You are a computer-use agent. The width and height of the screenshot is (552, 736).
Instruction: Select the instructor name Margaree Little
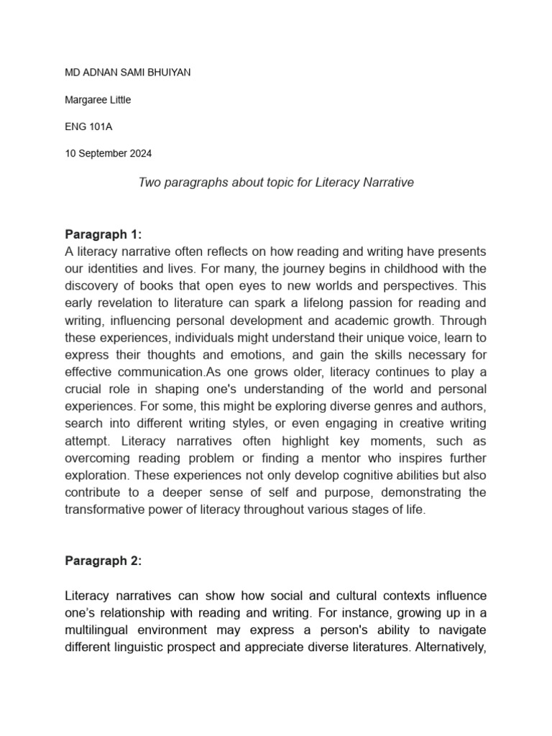(x=98, y=100)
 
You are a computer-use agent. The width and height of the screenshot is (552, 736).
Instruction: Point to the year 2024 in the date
(x=140, y=153)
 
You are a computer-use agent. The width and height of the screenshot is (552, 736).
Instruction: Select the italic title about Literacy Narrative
(x=275, y=183)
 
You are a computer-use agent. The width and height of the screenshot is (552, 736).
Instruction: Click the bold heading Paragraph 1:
(x=103, y=234)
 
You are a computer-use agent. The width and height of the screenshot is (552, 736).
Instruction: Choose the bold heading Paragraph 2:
(x=103, y=562)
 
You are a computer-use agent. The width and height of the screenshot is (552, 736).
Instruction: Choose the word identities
(x=116, y=268)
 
